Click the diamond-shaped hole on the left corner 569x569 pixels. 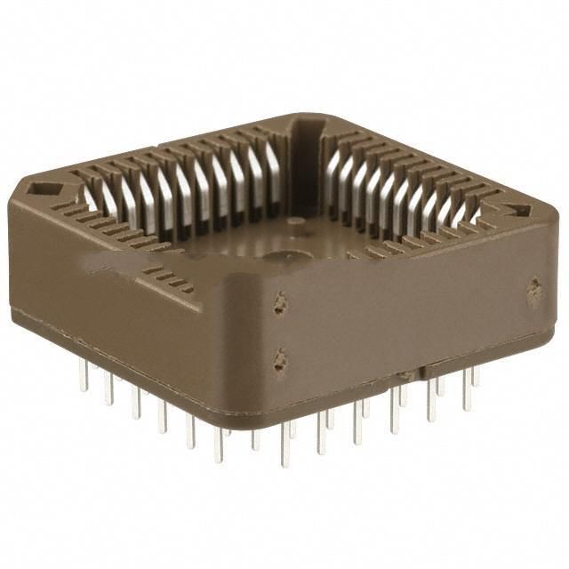[41, 188]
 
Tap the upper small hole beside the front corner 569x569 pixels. [281, 303]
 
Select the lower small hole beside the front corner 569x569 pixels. [281, 360]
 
